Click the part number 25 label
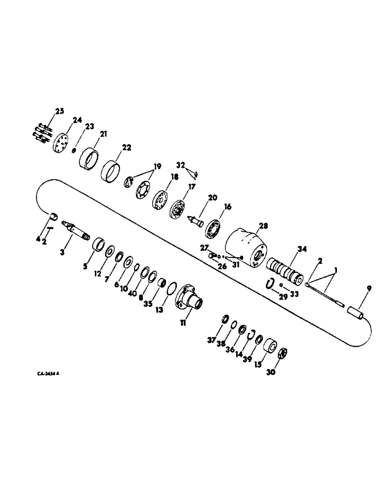tap(60, 111)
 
